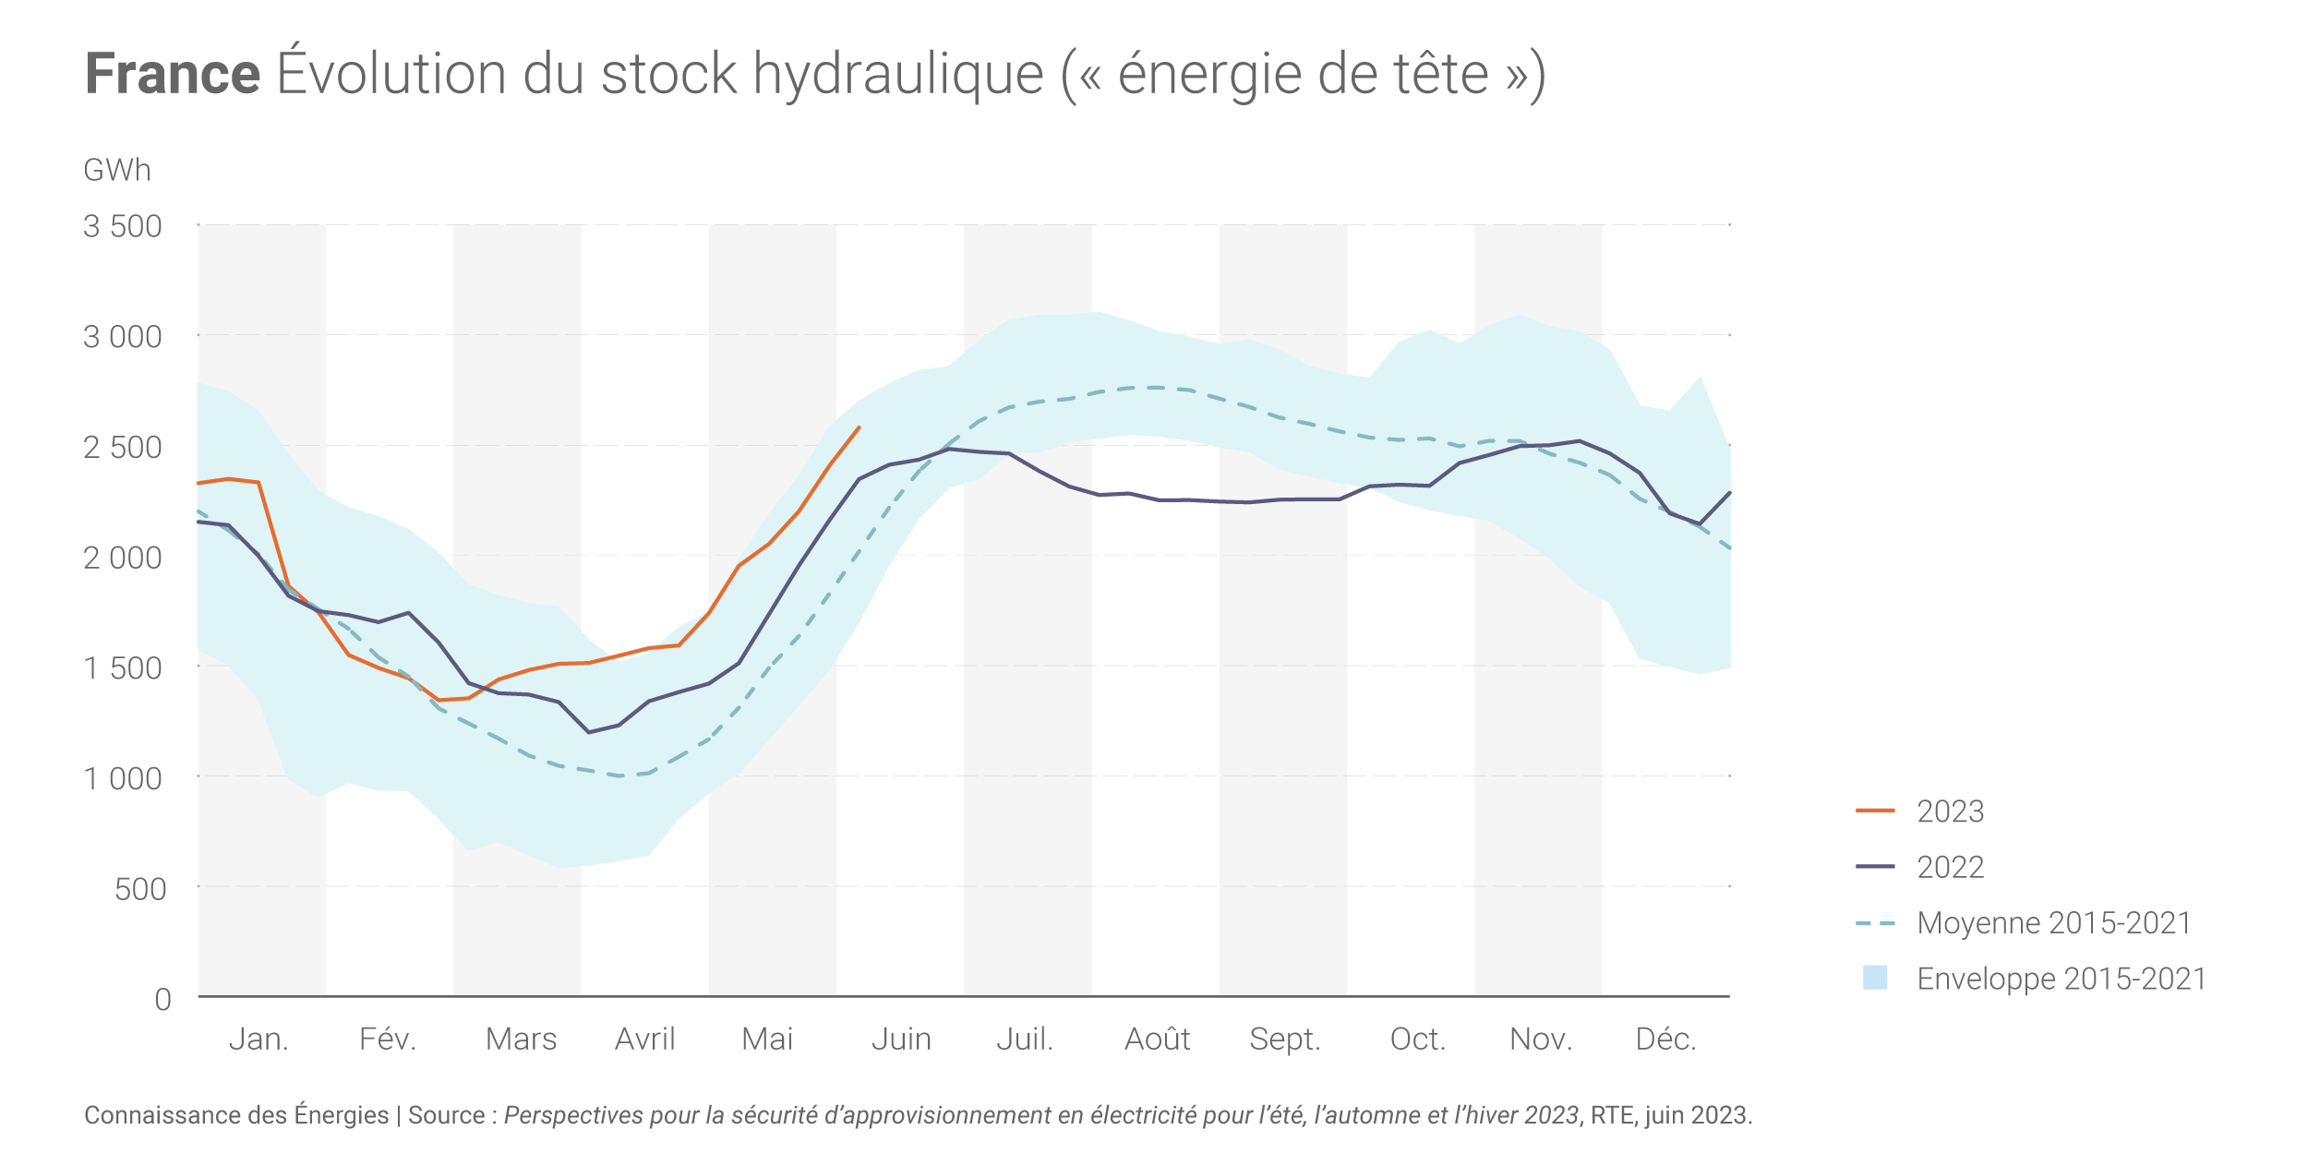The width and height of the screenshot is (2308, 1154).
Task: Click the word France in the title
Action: [x=173, y=74]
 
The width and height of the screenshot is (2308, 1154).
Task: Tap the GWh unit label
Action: [x=117, y=171]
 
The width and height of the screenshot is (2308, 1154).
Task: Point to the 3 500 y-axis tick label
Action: [x=123, y=226]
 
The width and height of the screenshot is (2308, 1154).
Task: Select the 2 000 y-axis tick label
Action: [x=123, y=558]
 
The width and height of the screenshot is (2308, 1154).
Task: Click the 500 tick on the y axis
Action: [x=140, y=889]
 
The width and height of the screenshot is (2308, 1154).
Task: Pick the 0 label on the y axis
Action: [x=163, y=999]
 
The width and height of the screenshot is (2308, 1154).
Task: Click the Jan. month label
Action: [x=258, y=1040]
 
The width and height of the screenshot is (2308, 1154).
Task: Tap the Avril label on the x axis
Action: [x=645, y=1040]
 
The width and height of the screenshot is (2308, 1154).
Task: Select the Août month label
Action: [x=1158, y=1040]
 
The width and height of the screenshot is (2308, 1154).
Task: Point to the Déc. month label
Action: [x=1666, y=1040]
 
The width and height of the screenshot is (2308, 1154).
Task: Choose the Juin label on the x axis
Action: [x=901, y=1040]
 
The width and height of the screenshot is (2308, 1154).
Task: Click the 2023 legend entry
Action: [x=1950, y=811]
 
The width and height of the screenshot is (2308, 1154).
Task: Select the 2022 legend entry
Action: [x=1950, y=868]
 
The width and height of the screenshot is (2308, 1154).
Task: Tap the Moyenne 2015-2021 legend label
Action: [x=2054, y=923]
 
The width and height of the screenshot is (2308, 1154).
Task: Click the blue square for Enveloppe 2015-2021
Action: [x=1875, y=978]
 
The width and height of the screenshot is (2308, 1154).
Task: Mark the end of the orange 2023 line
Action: [x=859, y=427]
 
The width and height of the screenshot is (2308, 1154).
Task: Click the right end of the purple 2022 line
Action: [x=1730, y=492]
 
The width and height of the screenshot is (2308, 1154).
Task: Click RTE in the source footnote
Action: [x=1612, y=1115]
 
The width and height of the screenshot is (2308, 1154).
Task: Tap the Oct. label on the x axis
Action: [x=1418, y=1040]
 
